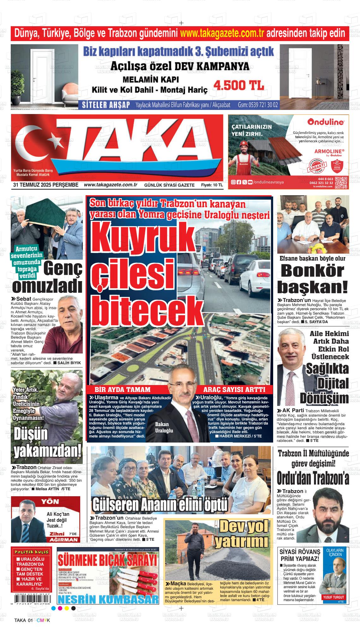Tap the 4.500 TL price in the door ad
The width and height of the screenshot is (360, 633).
239,85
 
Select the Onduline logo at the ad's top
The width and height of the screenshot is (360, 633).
326,122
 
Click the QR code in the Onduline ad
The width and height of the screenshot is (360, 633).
341,183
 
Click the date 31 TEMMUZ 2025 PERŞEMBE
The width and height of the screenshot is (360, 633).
45,185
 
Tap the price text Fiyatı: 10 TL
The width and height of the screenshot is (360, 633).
212,185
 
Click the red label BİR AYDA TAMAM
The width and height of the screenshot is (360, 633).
123,389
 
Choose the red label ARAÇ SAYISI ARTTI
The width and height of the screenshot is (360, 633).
234,389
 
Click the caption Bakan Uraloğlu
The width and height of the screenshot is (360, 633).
164,427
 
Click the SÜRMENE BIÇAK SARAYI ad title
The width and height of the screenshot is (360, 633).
107,561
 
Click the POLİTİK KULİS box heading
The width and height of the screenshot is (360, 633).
31,552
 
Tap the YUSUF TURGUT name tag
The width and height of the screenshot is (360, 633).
333,597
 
